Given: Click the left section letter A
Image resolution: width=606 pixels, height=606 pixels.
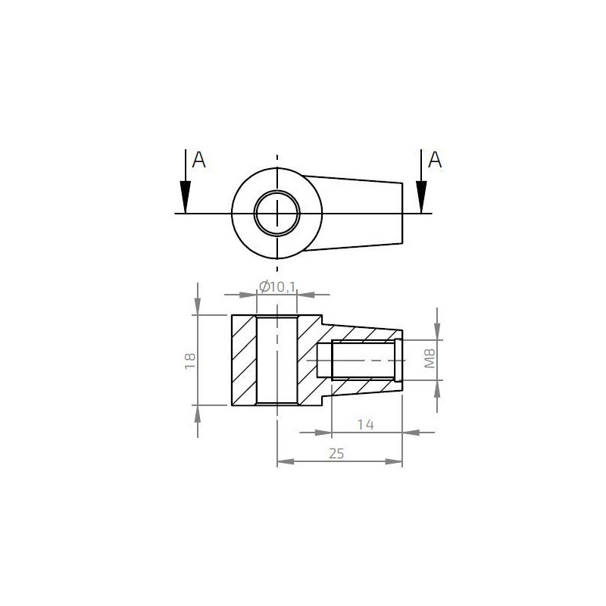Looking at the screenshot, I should [x=199, y=160].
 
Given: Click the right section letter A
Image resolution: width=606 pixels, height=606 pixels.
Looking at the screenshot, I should [x=435, y=160].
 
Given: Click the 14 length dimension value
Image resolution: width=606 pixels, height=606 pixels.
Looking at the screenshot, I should [x=365, y=424].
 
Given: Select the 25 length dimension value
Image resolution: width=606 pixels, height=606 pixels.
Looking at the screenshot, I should [x=337, y=453].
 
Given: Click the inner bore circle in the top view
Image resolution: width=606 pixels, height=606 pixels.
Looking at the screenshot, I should [x=277, y=213].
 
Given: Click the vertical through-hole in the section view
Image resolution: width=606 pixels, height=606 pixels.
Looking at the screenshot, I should [x=277, y=360].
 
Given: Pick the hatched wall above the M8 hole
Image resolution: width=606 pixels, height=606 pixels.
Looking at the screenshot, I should [x=364, y=333].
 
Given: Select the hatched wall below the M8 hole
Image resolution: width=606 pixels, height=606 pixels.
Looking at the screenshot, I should [x=364, y=387].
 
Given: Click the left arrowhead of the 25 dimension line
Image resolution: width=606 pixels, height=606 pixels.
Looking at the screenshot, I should [x=282, y=461].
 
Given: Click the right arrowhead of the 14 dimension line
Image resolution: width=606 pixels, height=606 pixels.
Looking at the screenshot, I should [x=398, y=433].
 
